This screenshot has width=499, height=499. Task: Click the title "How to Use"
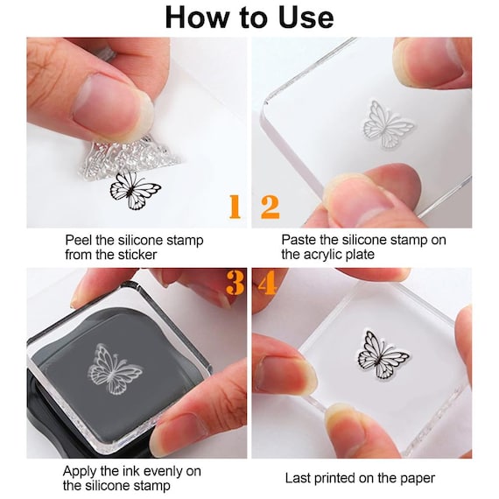pyautogui.click(x=249, y=18)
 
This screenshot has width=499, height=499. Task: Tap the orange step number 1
pyautogui.click(x=234, y=207)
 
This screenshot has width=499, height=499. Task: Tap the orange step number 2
pyautogui.click(x=270, y=207)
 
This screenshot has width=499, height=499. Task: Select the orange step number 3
pyautogui.click(x=235, y=283)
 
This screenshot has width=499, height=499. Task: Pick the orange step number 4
pyautogui.click(x=268, y=283)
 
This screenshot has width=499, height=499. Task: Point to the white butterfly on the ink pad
pyautogui.click(x=116, y=369)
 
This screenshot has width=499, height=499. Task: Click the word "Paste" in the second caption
pyautogui.click(x=299, y=240)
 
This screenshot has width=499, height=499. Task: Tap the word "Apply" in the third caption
pyautogui.click(x=81, y=471)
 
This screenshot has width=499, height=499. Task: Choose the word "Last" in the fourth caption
pyautogui.click(x=299, y=478)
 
